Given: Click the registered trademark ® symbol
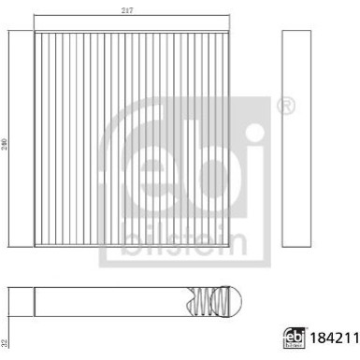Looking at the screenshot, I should (x=286, y=106).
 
